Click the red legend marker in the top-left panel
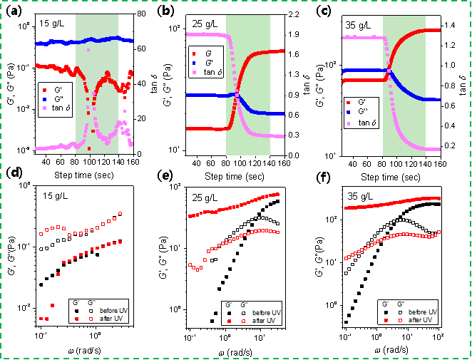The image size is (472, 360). pos(44,90)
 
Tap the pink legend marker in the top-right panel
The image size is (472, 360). pos(349,123)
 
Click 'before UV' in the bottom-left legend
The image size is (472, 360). pos(114,311)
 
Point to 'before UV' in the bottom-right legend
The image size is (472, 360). pos(423,312)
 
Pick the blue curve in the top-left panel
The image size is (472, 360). pos(57,42)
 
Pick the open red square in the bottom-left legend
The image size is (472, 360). pos(91,319)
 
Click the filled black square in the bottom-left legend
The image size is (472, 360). pos(75,311)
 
